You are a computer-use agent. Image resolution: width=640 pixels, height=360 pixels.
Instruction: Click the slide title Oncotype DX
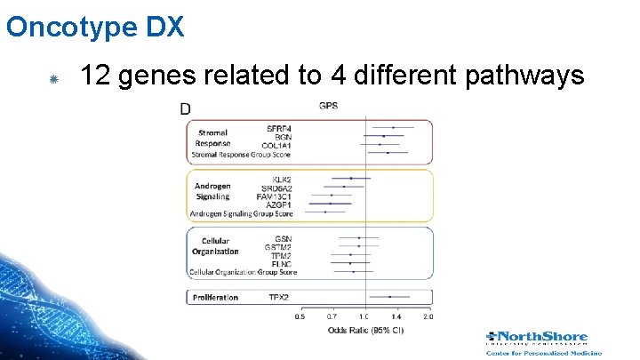pos(95,27)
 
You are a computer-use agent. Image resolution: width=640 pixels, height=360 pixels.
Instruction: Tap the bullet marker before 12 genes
pos(53,80)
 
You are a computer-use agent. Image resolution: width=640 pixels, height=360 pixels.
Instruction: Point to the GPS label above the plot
pos(328,107)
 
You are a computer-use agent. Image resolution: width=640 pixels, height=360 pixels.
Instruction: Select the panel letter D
pos(185,109)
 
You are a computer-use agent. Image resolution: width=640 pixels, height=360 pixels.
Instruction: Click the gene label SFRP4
pos(279,128)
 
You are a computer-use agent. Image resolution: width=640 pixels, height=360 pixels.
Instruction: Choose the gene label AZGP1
pos(279,204)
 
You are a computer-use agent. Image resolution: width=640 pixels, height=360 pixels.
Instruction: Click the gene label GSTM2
pos(278,246)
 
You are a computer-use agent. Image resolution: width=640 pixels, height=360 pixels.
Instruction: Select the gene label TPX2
pos(279,297)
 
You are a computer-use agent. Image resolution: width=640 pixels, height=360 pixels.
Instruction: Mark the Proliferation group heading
pos(215,297)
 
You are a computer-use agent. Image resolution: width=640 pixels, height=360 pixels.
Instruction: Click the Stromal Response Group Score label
pos(241,154)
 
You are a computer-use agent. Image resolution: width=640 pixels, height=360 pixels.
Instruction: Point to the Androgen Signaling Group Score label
pos(241,213)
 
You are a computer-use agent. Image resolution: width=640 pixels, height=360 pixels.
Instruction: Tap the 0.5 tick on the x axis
pos(300,316)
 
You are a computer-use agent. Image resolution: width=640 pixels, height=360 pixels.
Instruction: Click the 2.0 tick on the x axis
pos(428,316)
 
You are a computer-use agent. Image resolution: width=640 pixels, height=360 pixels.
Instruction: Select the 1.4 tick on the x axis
pos(396,316)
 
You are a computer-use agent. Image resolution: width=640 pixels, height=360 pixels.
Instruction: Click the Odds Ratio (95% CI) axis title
pos(365,331)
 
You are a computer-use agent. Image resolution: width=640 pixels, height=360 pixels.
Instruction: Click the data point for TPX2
pos(390,297)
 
